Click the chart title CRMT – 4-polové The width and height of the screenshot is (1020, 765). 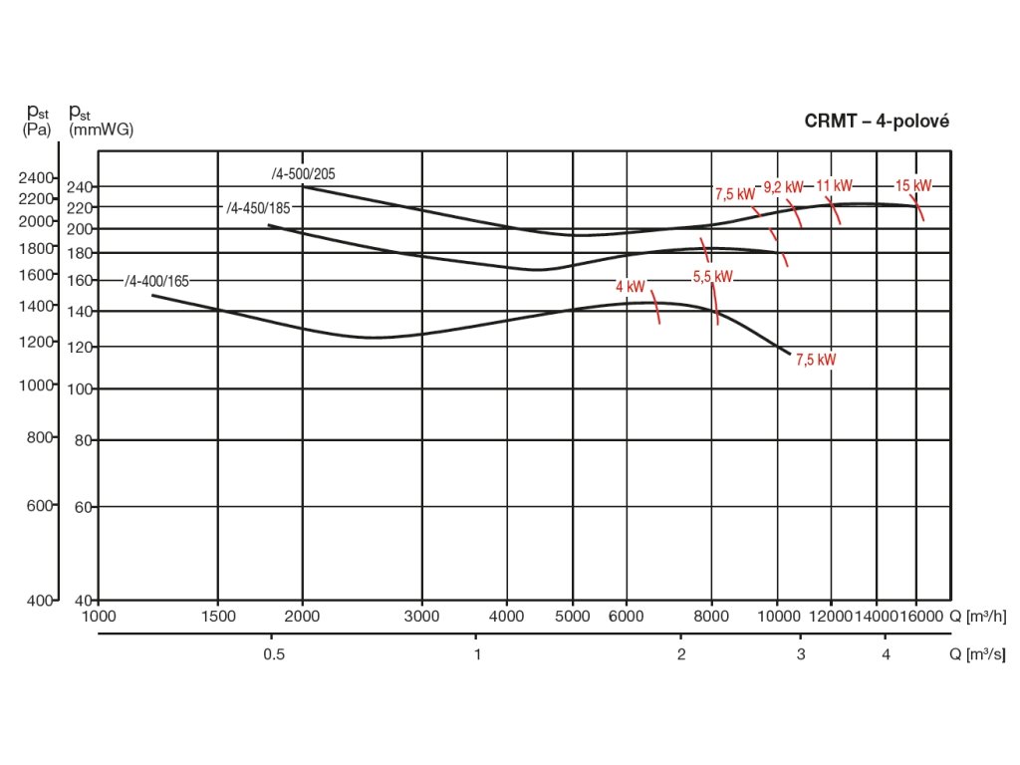(x=877, y=121)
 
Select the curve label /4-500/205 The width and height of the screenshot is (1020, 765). (x=304, y=173)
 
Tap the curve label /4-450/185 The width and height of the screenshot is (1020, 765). (x=258, y=207)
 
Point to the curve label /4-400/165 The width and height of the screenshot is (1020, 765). (x=156, y=281)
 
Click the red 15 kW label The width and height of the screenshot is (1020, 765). (x=912, y=185)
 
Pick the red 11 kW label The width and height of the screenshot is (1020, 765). (x=835, y=185)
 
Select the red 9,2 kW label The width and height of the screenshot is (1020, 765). (x=783, y=186)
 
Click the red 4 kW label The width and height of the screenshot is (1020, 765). (x=632, y=287)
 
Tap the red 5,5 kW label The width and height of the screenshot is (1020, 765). (x=712, y=276)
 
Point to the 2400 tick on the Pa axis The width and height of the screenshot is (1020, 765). (x=37, y=177)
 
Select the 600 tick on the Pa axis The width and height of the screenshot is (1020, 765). (x=39, y=506)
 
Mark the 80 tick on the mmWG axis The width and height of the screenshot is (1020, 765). (x=84, y=439)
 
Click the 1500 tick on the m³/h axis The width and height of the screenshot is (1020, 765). (x=218, y=617)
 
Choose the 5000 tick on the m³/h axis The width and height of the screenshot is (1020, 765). (x=573, y=617)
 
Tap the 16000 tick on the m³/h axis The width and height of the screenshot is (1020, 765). (x=916, y=617)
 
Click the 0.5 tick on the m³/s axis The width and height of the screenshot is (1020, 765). (x=273, y=654)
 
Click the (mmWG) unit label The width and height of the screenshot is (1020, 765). (x=101, y=129)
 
